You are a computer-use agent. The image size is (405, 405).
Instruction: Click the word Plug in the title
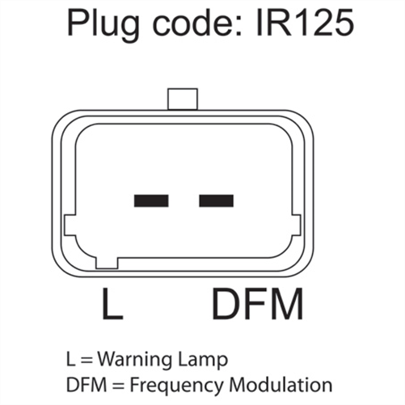[x=103, y=24]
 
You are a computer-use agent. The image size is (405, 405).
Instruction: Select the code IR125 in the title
[x=305, y=23]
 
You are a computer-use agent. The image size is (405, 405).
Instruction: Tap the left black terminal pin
[x=151, y=200]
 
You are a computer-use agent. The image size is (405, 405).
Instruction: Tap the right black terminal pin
[x=216, y=200]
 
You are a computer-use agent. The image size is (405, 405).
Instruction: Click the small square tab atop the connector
[x=183, y=99]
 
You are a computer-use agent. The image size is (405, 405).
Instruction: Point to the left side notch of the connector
[x=70, y=226]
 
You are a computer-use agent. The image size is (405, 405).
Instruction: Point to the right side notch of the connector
[x=296, y=226]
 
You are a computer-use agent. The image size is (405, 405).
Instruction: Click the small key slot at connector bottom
[x=107, y=264]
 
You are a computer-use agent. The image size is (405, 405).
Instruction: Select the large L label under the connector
[x=112, y=304]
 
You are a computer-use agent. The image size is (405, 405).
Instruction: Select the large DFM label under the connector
[x=258, y=304]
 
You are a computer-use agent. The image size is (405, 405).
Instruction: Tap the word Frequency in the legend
[x=177, y=386]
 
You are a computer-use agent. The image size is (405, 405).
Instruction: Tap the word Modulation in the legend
[x=281, y=385]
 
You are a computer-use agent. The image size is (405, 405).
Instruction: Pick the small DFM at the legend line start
[x=86, y=385]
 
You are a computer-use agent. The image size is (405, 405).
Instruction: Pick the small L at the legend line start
[x=70, y=359]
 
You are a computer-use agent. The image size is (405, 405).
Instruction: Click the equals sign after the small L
[x=86, y=361]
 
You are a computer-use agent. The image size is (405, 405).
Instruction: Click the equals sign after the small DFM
[x=118, y=386]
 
